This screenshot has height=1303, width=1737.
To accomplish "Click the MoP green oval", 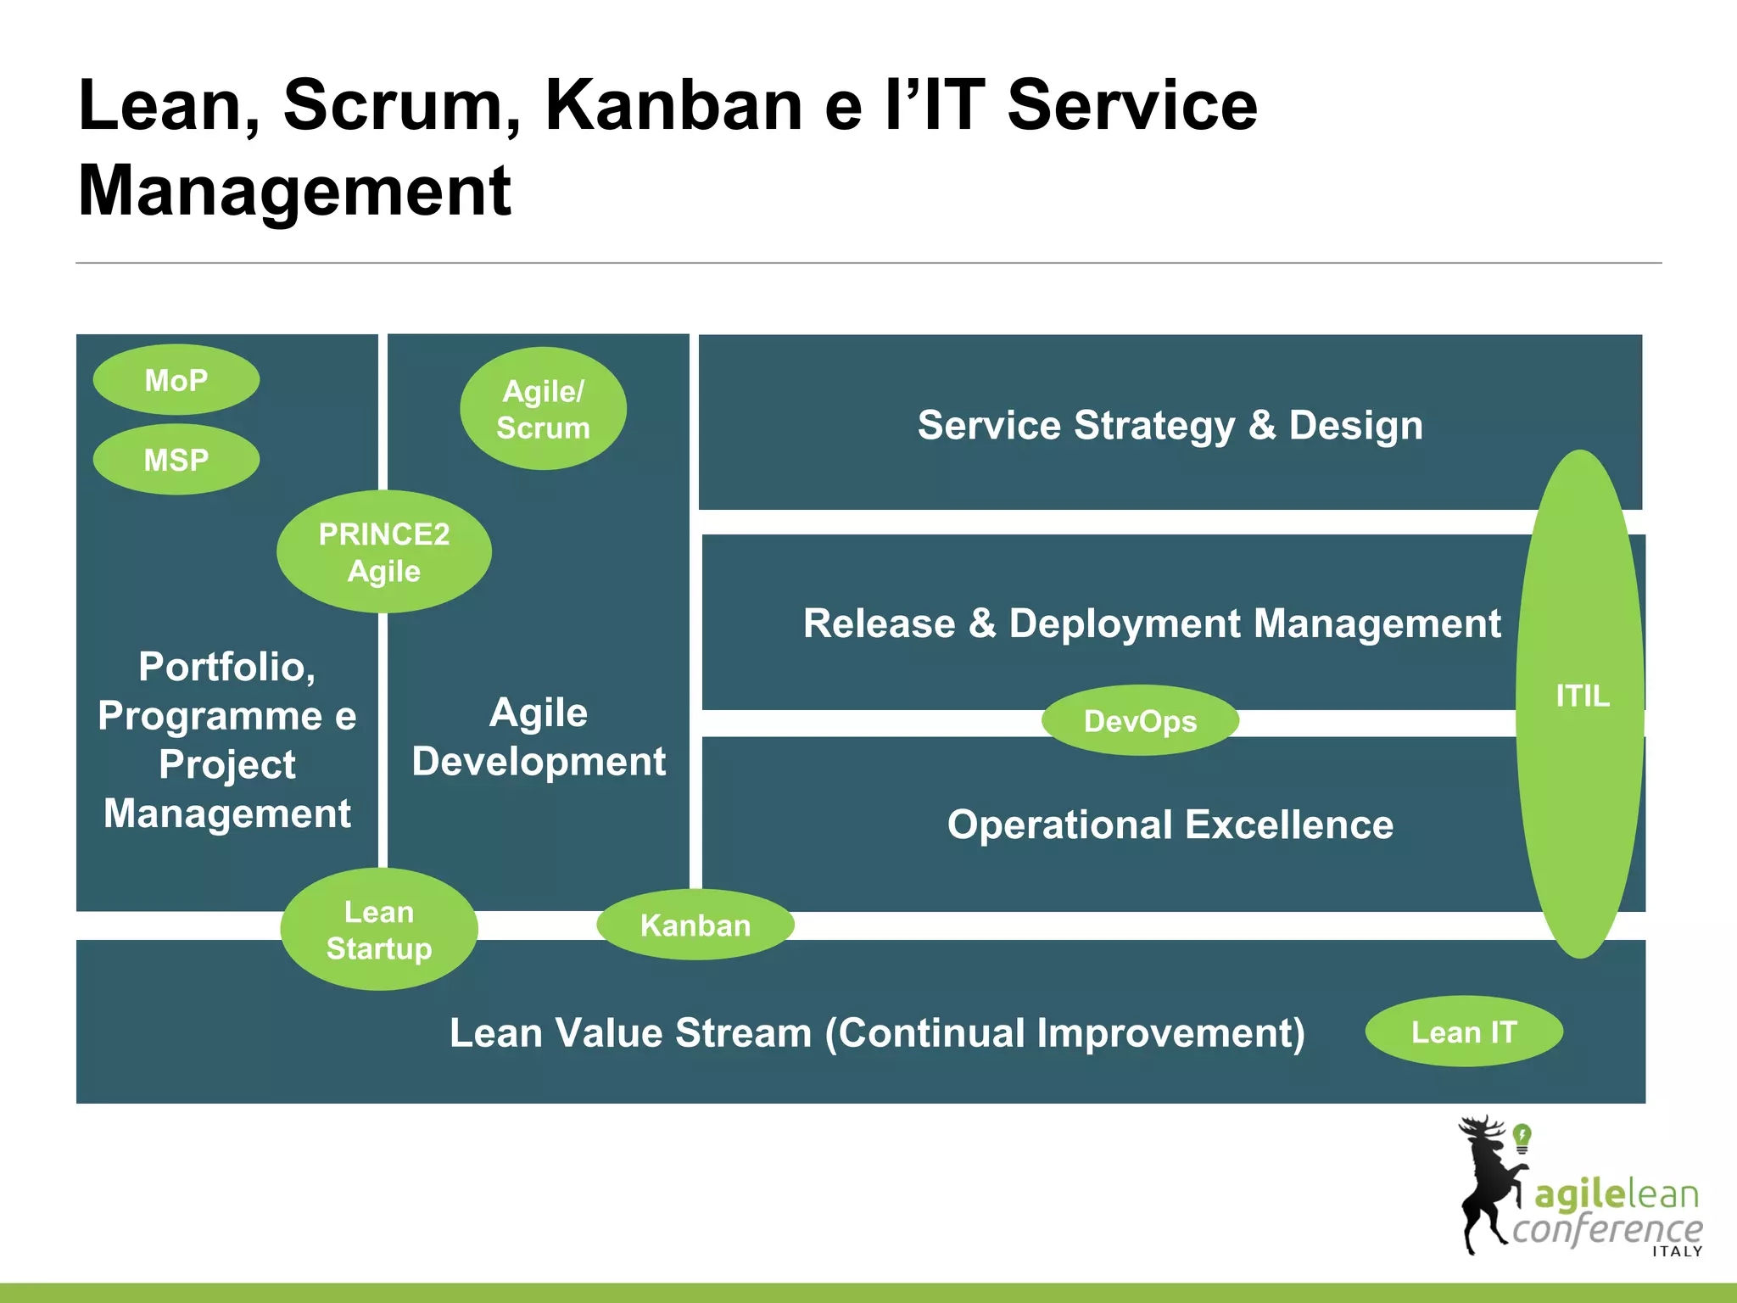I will tap(176, 380).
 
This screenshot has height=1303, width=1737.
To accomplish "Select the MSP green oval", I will tap(176, 460).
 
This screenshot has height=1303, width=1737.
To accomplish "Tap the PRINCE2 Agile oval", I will tap(383, 552).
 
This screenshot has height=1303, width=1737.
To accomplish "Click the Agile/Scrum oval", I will tap(543, 409).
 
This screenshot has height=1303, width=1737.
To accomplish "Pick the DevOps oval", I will tap(1140, 721).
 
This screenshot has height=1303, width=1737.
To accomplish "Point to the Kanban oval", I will tap(695, 925).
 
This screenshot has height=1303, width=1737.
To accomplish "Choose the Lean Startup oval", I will tap(379, 930).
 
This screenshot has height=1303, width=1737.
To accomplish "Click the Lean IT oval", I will tap(1464, 1032).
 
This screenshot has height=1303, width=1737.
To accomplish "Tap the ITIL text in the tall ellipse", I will tap(1582, 696).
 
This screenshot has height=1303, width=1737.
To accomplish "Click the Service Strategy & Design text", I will tap(1170, 425).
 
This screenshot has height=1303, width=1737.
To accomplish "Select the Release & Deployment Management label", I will tap(1151, 624).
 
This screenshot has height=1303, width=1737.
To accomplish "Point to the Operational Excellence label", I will tap(1170, 825).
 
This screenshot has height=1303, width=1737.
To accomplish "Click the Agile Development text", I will tap(539, 736).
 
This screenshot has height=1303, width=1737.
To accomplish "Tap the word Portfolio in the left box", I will tap(226, 667).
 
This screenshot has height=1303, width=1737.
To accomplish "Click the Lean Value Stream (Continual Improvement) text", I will tap(877, 1033).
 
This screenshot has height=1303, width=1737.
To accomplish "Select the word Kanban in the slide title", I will tap(673, 105).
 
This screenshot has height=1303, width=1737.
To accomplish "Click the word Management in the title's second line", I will tap(294, 191).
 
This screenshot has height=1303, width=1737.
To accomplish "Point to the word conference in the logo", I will tap(1606, 1228).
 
